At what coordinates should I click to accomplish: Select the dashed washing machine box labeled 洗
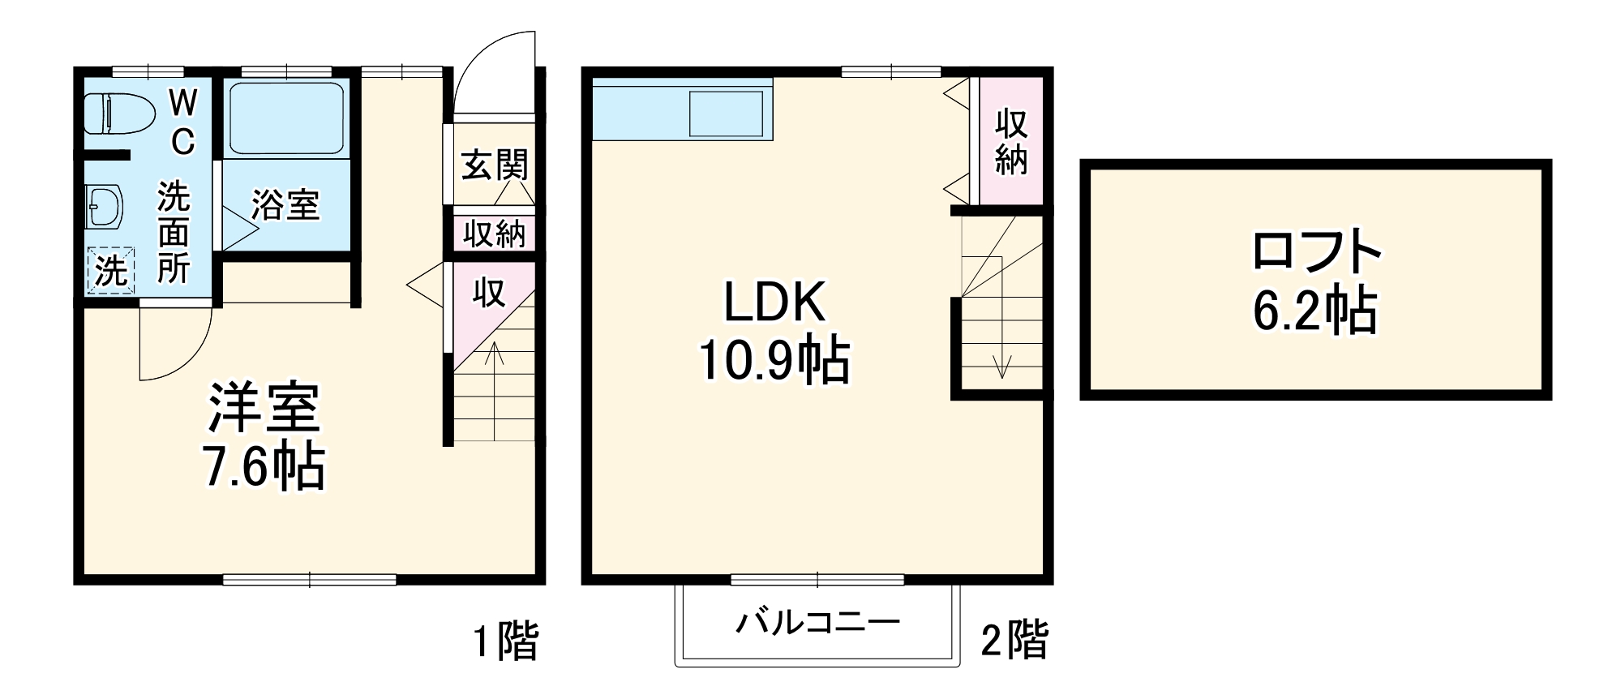pyautogui.click(x=110, y=270)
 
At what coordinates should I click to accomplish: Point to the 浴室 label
pyautogui.click(x=285, y=204)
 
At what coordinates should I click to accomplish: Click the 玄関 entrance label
pyautogui.click(x=495, y=165)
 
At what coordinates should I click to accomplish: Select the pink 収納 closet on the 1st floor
pyautogui.click(x=495, y=234)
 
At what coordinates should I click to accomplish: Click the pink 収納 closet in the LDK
pyautogui.click(x=1011, y=141)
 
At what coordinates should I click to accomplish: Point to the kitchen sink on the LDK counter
pyautogui.click(x=727, y=114)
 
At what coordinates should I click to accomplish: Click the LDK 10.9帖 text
pyautogui.click(x=774, y=331)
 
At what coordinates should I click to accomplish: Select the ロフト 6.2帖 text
pyautogui.click(x=1315, y=280)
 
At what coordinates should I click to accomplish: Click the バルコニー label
pyautogui.click(x=817, y=623)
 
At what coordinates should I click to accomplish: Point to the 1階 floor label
pyautogui.click(x=506, y=641)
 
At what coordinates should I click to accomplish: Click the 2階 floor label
pyautogui.click(x=1014, y=641)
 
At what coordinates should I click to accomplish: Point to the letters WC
pyautogui.click(x=183, y=122)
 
